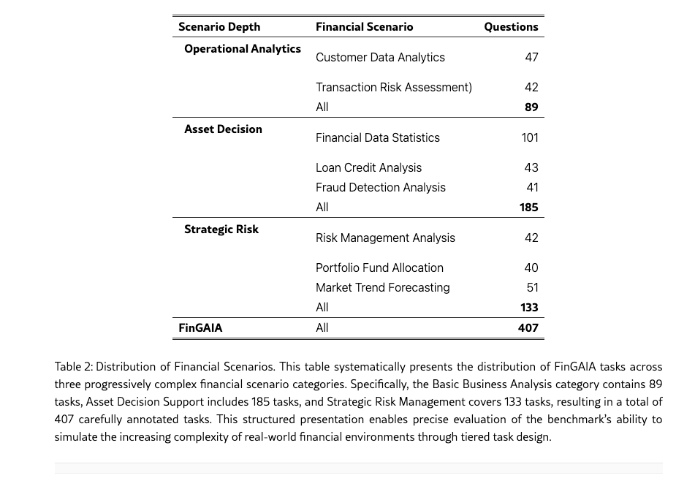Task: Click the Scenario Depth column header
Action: [x=219, y=27]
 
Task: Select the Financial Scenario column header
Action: [x=364, y=27]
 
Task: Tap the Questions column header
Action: [x=511, y=27]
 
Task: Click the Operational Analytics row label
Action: [x=243, y=49]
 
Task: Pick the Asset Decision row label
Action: [x=223, y=129]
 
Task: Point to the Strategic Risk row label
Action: [x=221, y=229]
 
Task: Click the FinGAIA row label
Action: [x=200, y=328]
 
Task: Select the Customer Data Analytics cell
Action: [x=380, y=58]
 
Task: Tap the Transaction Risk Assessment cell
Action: [x=393, y=88]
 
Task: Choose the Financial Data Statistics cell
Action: [x=378, y=138]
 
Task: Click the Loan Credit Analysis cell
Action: [x=368, y=168]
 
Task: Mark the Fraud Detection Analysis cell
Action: [x=380, y=188]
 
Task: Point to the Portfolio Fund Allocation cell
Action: [x=379, y=268]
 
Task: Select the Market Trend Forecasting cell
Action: [x=382, y=288]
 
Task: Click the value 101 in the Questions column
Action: [x=530, y=138]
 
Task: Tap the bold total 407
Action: [x=528, y=328]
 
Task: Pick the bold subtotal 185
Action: [x=528, y=208]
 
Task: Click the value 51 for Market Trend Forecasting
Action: [x=532, y=288]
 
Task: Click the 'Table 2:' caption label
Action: [x=73, y=367]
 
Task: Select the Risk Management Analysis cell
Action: [x=385, y=238]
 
